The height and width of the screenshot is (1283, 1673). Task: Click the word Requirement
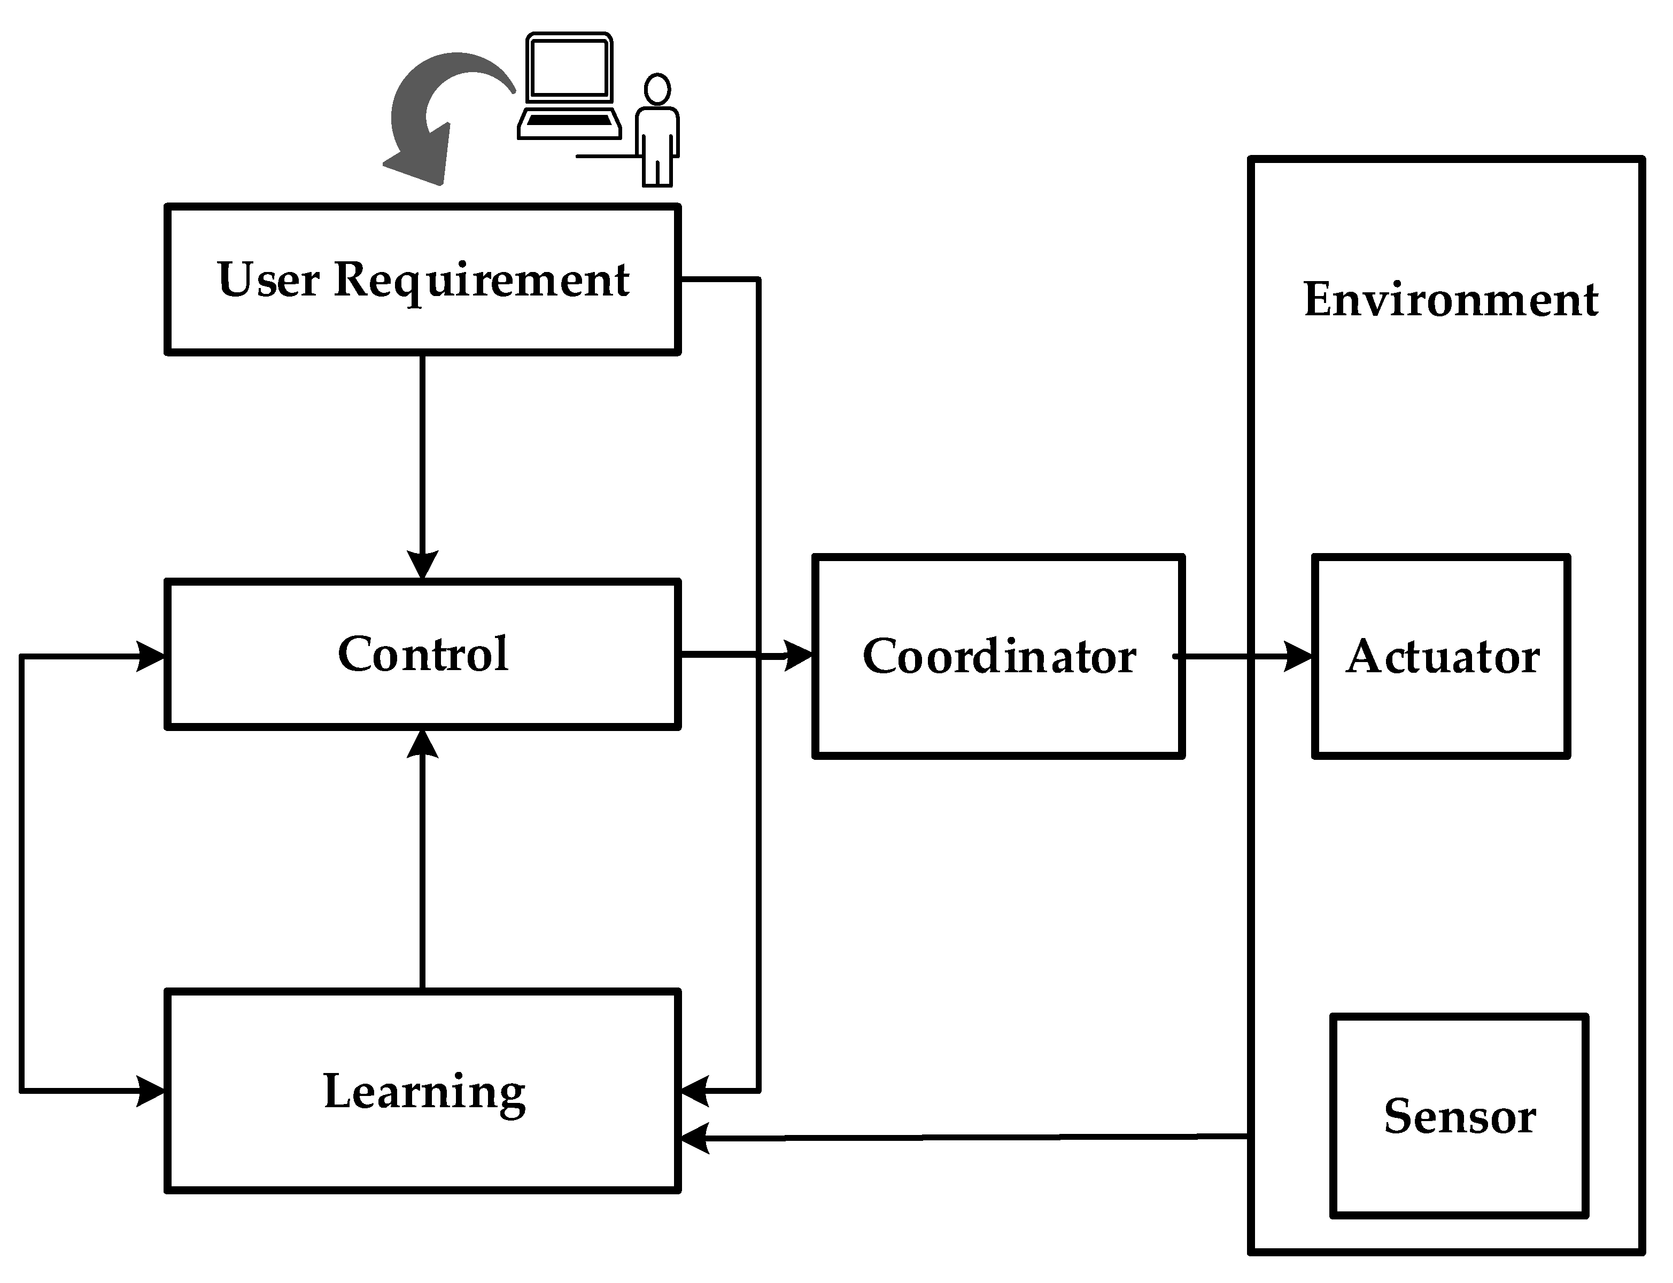pos(481,281)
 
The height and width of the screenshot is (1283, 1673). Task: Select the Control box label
pos(422,655)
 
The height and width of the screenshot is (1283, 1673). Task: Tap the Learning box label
pos(424,1092)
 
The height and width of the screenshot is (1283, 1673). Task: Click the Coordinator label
pos(999,657)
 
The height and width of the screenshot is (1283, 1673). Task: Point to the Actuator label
pos(1442,657)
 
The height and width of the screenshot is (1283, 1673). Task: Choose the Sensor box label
pos(1459,1116)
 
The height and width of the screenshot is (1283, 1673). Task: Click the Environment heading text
pos(1450,299)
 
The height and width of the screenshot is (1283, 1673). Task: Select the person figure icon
pos(657,130)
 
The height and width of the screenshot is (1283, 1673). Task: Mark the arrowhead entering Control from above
pos(422,566)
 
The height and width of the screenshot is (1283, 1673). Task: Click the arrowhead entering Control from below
pos(422,744)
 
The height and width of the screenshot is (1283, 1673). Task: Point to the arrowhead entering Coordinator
pos(799,655)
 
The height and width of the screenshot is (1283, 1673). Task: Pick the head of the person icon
pos(657,89)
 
